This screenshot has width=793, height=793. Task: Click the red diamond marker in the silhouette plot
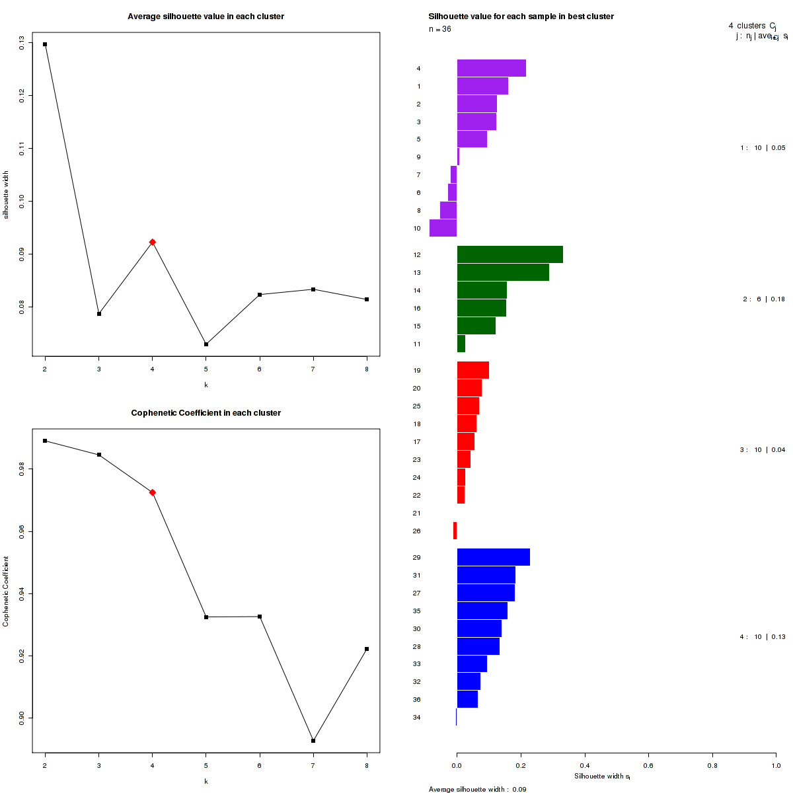(153, 243)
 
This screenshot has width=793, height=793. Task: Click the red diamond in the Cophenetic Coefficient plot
(153, 492)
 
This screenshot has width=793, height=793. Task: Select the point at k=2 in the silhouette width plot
(45, 44)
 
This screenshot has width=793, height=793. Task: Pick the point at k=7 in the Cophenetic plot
(313, 741)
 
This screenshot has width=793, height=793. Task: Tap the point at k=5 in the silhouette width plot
(206, 344)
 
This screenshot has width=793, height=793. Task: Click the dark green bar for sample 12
(510, 254)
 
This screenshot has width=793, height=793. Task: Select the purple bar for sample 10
(443, 228)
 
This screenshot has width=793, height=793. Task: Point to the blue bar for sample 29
(493, 557)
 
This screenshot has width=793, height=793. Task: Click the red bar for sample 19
(472, 370)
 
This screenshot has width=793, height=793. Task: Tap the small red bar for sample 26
(455, 531)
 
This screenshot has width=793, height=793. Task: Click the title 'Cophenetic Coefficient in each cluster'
(206, 413)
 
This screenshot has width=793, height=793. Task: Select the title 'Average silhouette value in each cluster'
(206, 16)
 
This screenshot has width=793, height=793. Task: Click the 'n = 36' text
(440, 29)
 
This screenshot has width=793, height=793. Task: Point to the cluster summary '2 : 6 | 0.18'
(764, 299)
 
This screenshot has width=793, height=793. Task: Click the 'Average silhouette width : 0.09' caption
(477, 789)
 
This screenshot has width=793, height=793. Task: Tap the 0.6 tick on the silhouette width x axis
(648, 765)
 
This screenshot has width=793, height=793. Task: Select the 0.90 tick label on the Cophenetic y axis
(22, 718)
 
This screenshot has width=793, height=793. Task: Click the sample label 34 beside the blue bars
(416, 718)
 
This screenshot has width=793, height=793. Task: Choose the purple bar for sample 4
(491, 68)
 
